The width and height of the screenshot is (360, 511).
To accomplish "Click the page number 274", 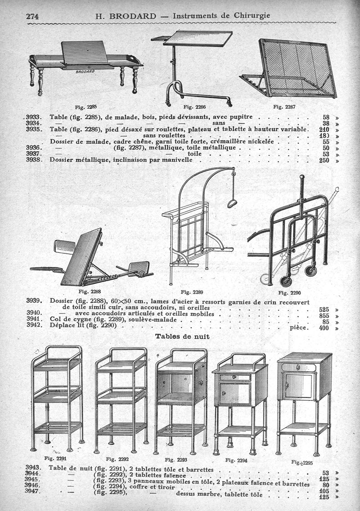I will tap(33, 16).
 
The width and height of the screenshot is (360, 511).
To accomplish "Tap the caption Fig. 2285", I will tap(86, 107).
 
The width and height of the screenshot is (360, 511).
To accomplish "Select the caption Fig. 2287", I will tap(284, 107).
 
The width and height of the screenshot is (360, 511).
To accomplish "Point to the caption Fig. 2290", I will tap(289, 292).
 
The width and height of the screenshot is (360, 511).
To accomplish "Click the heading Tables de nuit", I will tap(182, 336).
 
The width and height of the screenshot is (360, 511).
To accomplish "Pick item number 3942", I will tap(34, 325).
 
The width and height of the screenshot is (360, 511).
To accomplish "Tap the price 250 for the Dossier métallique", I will tap(324, 160).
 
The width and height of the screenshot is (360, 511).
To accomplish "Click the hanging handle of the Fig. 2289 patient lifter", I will tap(232, 203).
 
